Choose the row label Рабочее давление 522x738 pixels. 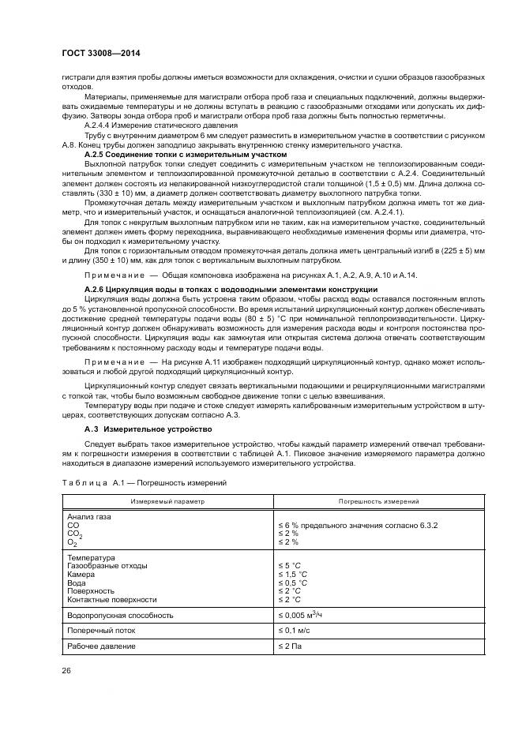click(102, 646)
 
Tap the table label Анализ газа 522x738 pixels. click(90, 517)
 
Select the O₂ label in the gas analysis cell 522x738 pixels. click(73, 542)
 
